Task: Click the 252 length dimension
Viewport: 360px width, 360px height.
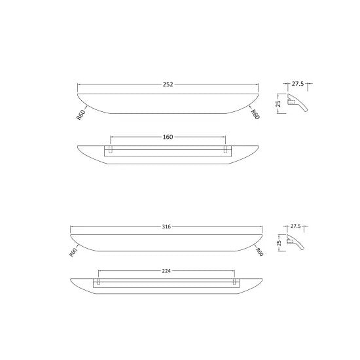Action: pos(168,84)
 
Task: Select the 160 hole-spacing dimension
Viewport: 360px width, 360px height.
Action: pos(168,137)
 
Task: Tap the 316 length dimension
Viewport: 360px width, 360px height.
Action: pos(166,227)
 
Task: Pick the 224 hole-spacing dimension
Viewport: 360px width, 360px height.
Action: pos(166,271)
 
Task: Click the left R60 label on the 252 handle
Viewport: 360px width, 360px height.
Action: pos(81,115)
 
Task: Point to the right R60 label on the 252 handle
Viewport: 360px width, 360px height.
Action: pos(255,115)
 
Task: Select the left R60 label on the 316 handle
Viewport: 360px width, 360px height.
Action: pos(73,252)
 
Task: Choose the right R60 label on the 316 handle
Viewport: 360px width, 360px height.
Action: pos(259,252)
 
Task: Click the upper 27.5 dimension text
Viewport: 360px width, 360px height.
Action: pos(298,84)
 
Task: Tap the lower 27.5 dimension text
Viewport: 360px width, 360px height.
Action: pos(295,226)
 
